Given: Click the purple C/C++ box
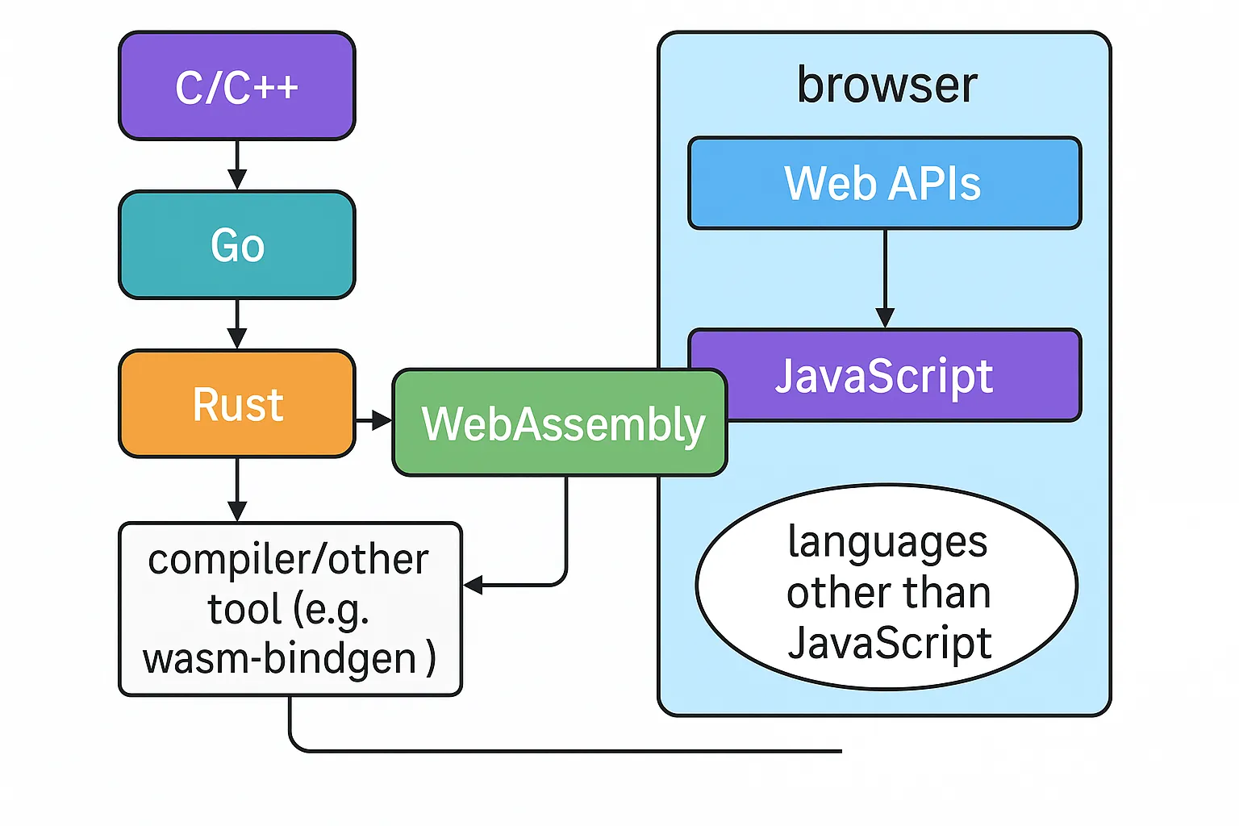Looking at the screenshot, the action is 236,86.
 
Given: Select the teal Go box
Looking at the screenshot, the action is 236,244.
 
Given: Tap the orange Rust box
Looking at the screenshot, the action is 236,404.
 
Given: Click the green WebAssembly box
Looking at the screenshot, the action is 560,423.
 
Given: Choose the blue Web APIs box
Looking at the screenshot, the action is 885,183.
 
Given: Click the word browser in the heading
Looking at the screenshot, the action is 887,86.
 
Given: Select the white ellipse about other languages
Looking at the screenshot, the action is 887,587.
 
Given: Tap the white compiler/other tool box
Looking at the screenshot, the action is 290,609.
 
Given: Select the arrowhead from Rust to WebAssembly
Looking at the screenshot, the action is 382,420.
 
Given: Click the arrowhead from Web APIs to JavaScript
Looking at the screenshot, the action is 885,318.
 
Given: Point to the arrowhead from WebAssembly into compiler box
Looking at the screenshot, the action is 473,585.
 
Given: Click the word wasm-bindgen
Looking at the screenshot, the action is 279,658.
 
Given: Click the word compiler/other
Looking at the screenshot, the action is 288,560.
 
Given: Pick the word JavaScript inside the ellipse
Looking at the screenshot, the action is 890,643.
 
